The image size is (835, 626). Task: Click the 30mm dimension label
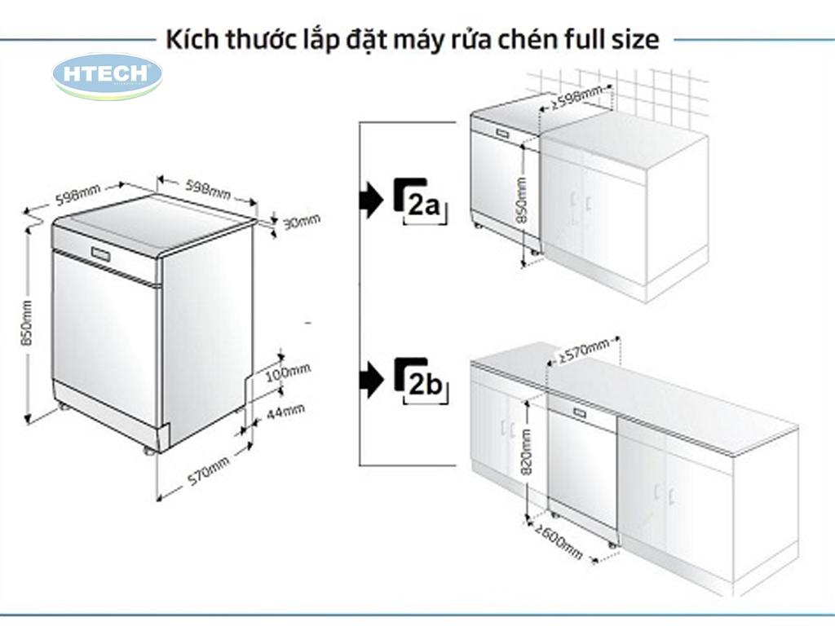301,221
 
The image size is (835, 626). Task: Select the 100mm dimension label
289,372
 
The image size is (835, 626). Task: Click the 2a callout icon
420,200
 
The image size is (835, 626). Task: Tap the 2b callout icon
421,380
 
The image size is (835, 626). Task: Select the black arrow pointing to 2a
371,200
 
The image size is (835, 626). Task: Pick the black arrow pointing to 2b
371,380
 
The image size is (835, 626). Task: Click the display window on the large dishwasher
101,254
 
